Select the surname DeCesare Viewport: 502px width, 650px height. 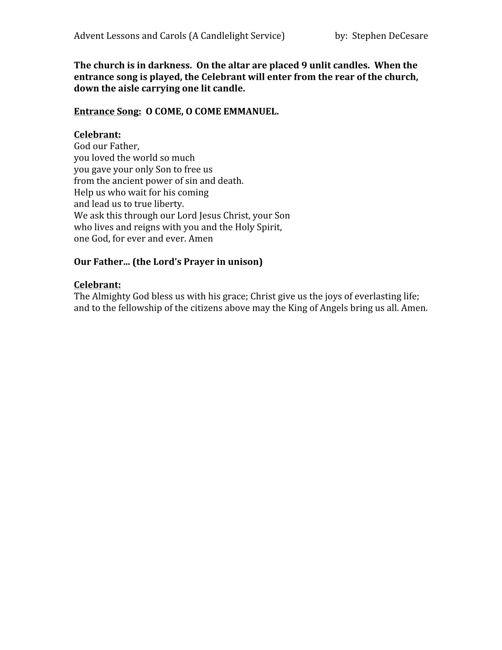[x=409, y=36]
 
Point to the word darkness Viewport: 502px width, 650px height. [x=170, y=65]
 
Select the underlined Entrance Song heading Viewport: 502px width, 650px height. [x=108, y=112]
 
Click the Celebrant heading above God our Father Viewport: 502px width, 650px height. [x=97, y=135]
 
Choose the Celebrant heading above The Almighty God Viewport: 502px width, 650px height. [x=97, y=285]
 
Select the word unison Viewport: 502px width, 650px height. [x=245, y=262]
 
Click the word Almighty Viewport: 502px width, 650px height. [x=111, y=296]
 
